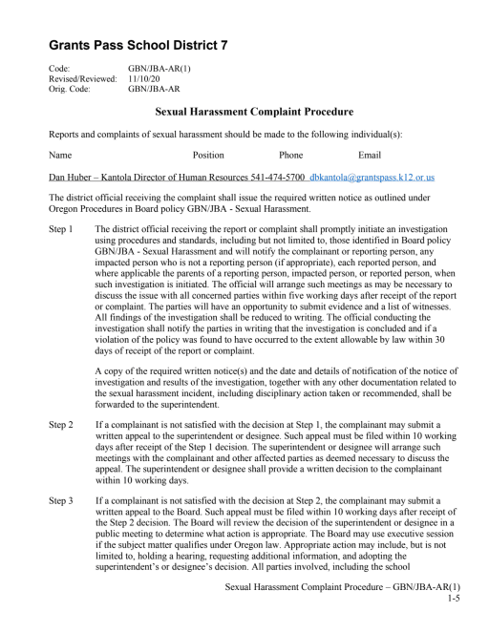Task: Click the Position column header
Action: pyautogui.click(x=208, y=155)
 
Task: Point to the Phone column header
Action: pyautogui.click(x=290, y=155)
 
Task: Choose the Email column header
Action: pyautogui.click(x=369, y=155)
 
